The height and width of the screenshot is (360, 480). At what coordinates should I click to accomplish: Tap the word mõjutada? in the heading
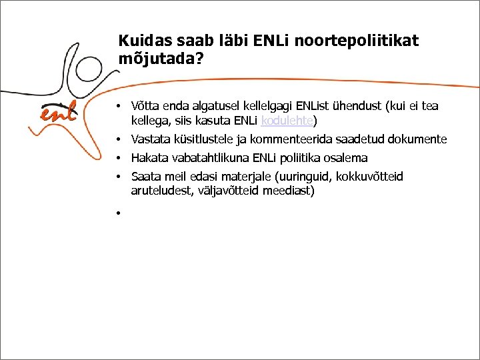tap(161, 58)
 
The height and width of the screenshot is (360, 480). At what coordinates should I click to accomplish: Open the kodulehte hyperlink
tap(287, 121)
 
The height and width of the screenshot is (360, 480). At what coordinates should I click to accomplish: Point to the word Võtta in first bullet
tap(145, 106)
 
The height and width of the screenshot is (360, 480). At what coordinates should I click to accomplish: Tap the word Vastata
tap(151, 139)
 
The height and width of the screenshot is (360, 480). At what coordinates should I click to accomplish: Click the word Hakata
tap(149, 158)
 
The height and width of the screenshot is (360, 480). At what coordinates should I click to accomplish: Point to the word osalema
tap(345, 158)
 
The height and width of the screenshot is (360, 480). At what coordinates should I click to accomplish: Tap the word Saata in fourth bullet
tap(146, 177)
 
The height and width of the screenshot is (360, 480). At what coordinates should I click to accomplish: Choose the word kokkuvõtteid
tap(370, 177)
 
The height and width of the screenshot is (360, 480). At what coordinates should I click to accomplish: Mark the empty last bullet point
tap(116, 213)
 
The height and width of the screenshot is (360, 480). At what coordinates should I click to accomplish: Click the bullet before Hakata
tap(116, 159)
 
